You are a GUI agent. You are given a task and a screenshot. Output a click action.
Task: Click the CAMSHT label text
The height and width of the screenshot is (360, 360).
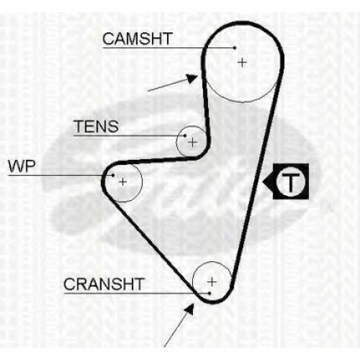click(138, 39)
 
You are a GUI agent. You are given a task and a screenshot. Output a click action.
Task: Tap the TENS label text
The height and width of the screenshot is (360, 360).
click(96, 126)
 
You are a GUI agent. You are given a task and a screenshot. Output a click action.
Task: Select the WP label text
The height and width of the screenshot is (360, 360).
click(22, 166)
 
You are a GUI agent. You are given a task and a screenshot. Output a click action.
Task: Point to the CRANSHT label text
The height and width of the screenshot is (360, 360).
click(104, 284)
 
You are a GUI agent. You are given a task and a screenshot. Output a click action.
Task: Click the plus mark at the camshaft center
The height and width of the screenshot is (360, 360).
click(242, 63)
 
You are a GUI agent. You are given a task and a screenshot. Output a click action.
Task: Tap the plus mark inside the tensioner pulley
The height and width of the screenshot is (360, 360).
click(192, 143)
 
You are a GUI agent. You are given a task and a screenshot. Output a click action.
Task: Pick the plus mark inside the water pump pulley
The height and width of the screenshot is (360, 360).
click(123, 181)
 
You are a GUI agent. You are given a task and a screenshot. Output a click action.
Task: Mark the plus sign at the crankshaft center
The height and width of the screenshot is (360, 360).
click(212, 282)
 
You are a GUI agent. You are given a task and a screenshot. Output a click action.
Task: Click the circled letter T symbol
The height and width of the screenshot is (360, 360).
click(291, 181)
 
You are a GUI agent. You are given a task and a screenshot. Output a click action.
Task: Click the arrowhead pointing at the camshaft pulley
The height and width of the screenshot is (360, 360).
click(193, 78)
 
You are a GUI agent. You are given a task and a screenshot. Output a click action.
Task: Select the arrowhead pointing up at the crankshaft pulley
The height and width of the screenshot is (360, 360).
click(190, 309)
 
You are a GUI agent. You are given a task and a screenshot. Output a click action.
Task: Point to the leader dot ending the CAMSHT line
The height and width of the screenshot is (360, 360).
click(235, 48)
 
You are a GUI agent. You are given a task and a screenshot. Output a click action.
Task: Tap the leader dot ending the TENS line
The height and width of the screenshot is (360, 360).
click(185, 135)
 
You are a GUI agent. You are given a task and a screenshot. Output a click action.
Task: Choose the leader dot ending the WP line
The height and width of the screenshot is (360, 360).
click(113, 175)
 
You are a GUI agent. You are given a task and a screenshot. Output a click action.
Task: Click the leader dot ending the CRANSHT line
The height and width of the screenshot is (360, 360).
click(210, 293)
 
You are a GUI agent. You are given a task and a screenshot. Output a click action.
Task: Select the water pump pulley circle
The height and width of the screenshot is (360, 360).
click(142, 181)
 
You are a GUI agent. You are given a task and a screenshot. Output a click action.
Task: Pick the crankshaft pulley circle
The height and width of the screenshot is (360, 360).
click(193, 282)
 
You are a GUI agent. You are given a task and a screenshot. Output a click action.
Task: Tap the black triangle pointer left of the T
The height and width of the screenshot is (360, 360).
click(268, 181)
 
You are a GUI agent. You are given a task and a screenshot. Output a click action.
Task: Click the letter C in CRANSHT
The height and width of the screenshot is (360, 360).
click(69, 284)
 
